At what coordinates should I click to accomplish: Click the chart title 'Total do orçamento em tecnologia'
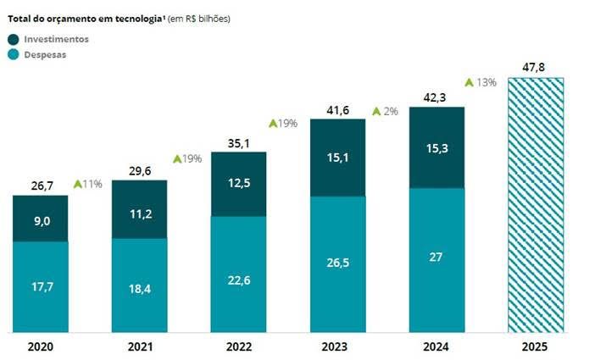tap(85, 18)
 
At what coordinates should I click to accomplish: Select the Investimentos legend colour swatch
tap(13, 39)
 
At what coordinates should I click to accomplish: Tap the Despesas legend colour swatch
tap(13, 54)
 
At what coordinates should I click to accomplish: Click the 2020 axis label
tap(41, 346)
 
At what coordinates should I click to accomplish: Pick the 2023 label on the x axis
tap(337, 346)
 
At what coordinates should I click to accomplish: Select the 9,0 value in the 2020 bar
tap(41, 219)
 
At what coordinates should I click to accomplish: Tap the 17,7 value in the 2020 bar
tap(41, 286)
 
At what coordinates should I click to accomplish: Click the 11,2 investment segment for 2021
tap(140, 213)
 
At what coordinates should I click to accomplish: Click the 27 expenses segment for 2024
tap(437, 257)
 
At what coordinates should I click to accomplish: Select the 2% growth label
tap(391, 111)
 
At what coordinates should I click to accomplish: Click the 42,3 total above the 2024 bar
tap(437, 97)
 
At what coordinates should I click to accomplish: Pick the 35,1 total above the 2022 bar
tap(239, 142)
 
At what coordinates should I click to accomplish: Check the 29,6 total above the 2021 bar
tap(140, 171)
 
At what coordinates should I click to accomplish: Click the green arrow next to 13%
tap(469, 82)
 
